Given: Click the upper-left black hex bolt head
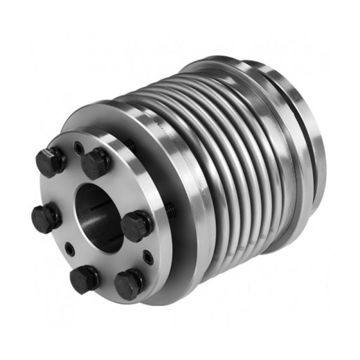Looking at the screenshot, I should pos(50,161).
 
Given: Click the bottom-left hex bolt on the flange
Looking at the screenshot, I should pos(83,278).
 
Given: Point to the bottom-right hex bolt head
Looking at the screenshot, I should pos(128,284).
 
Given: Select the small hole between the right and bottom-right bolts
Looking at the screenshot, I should pos(146,259).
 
